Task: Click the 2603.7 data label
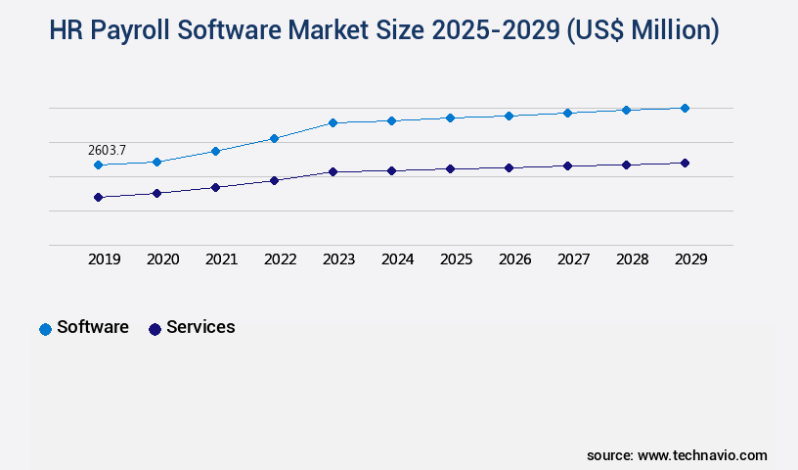click(107, 150)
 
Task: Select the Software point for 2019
click(98, 164)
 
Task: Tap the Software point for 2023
click(332, 122)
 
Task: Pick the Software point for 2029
click(685, 108)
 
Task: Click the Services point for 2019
click(98, 197)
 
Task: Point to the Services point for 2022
click(274, 180)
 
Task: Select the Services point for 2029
click(685, 163)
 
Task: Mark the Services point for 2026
click(509, 167)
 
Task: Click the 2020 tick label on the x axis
click(162, 259)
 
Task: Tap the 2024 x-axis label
click(397, 259)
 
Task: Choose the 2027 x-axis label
click(573, 259)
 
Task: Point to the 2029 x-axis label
click(690, 259)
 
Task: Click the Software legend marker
click(45, 329)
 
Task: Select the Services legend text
click(200, 327)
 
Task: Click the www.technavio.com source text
click(702, 455)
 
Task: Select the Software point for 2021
click(215, 151)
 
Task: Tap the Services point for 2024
click(391, 170)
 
